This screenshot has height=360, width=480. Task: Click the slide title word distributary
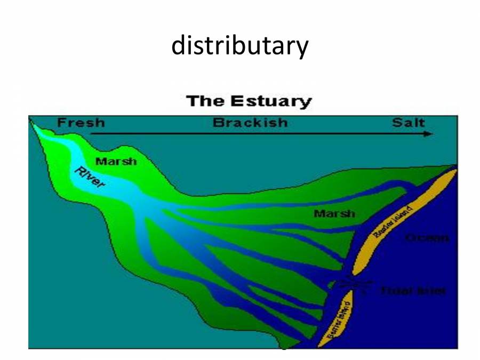click(x=239, y=46)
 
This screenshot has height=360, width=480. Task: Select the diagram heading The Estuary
click(x=248, y=101)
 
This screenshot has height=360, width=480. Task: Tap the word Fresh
click(x=81, y=123)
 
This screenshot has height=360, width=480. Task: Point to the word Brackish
click(x=250, y=123)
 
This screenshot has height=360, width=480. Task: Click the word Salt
click(x=409, y=123)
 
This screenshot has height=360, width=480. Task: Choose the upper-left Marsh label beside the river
click(x=116, y=161)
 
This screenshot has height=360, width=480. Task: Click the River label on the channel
click(x=90, y=178)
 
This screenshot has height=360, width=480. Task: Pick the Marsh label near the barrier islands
click(x=334, y=214)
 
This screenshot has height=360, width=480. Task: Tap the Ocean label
click(x=427, y=238)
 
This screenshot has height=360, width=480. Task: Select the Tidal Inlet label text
click(x=413, y=291)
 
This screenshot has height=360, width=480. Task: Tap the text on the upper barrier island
click(x=394, y=222)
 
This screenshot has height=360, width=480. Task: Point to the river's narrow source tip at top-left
click(x=34, y=125)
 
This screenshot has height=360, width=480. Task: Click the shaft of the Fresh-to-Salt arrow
click(x=256, y=134)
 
